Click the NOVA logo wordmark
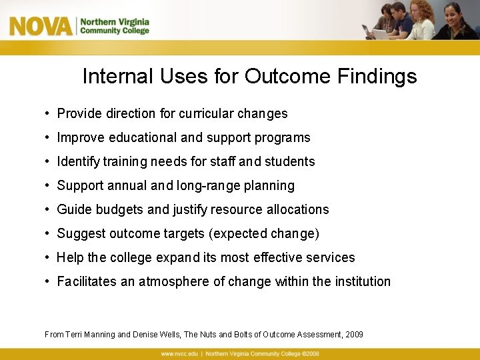click(x=41, y=26)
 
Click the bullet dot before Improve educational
click(x=49, y=138)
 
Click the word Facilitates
click(x=87, y=281)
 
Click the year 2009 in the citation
click(x=355, y=334)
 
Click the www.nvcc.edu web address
click(x=181, y=353)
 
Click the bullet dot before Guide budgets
click(x=49, y=210)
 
